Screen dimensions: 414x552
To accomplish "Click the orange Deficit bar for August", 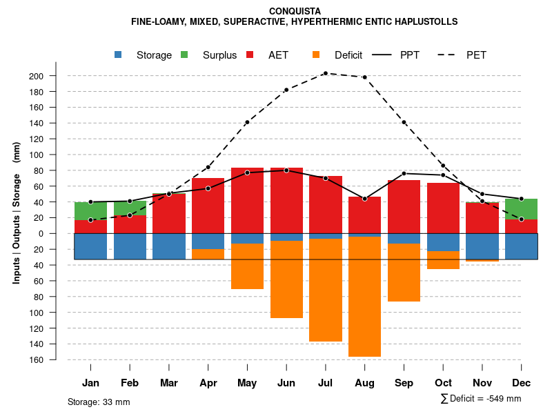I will (364, 297).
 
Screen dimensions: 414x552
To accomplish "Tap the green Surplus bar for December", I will (521, 209).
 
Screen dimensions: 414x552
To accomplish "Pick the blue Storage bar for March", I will (169, 246).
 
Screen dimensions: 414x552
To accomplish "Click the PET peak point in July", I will (326, 73).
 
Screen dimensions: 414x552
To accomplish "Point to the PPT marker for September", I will (404, 173).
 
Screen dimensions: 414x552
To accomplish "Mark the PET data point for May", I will (247, 122).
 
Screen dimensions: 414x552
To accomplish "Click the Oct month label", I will (443, 383).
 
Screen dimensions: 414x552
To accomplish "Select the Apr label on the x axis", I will (208, 383).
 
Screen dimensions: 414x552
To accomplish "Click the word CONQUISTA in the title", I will (294, 11).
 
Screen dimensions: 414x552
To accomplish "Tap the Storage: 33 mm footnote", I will (99, 402).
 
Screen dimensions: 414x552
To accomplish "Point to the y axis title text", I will (16, 213).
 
